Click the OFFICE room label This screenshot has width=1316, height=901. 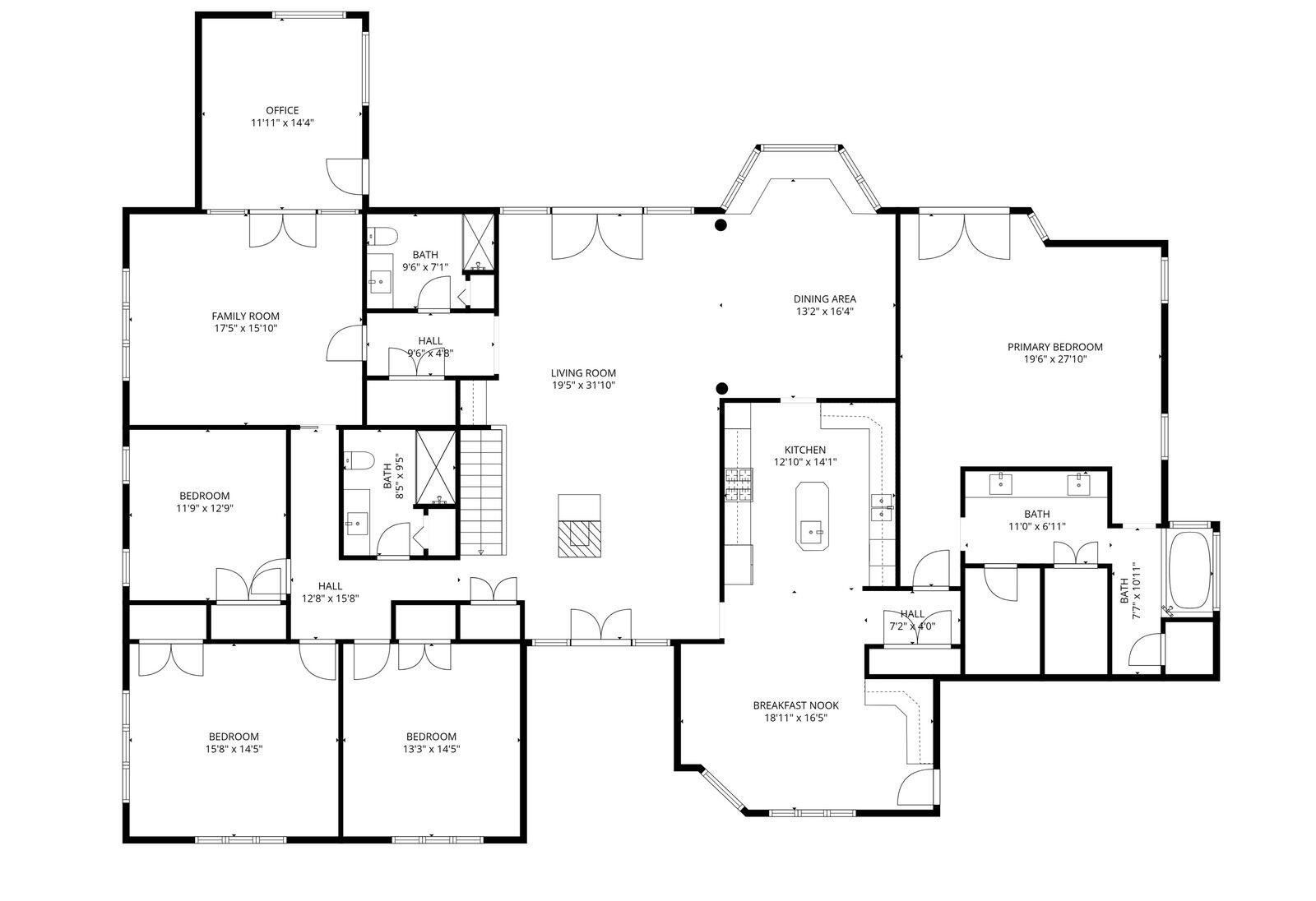[282, 110]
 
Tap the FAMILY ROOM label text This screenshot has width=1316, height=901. [246, 316]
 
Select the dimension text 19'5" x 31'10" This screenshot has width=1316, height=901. [583, 386]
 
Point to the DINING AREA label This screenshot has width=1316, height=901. [824, 299]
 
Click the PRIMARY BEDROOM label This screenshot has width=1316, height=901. [1054, 347]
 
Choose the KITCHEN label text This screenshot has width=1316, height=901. [805, 450]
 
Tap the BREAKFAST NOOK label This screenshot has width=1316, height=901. [795, 705]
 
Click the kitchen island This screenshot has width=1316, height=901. [812, 516]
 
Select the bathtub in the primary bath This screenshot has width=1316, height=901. [1189, 570]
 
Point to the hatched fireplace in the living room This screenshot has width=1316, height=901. [579, 538]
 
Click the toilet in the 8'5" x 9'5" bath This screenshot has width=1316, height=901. [359, 460]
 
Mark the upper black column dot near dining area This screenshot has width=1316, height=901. [721, 224]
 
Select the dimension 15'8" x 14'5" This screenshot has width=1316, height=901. [234, 749]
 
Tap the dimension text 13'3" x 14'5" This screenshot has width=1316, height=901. [431, 749]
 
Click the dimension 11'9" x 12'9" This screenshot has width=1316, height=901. [205, 508]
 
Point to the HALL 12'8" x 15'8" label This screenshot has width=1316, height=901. [330, 592]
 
